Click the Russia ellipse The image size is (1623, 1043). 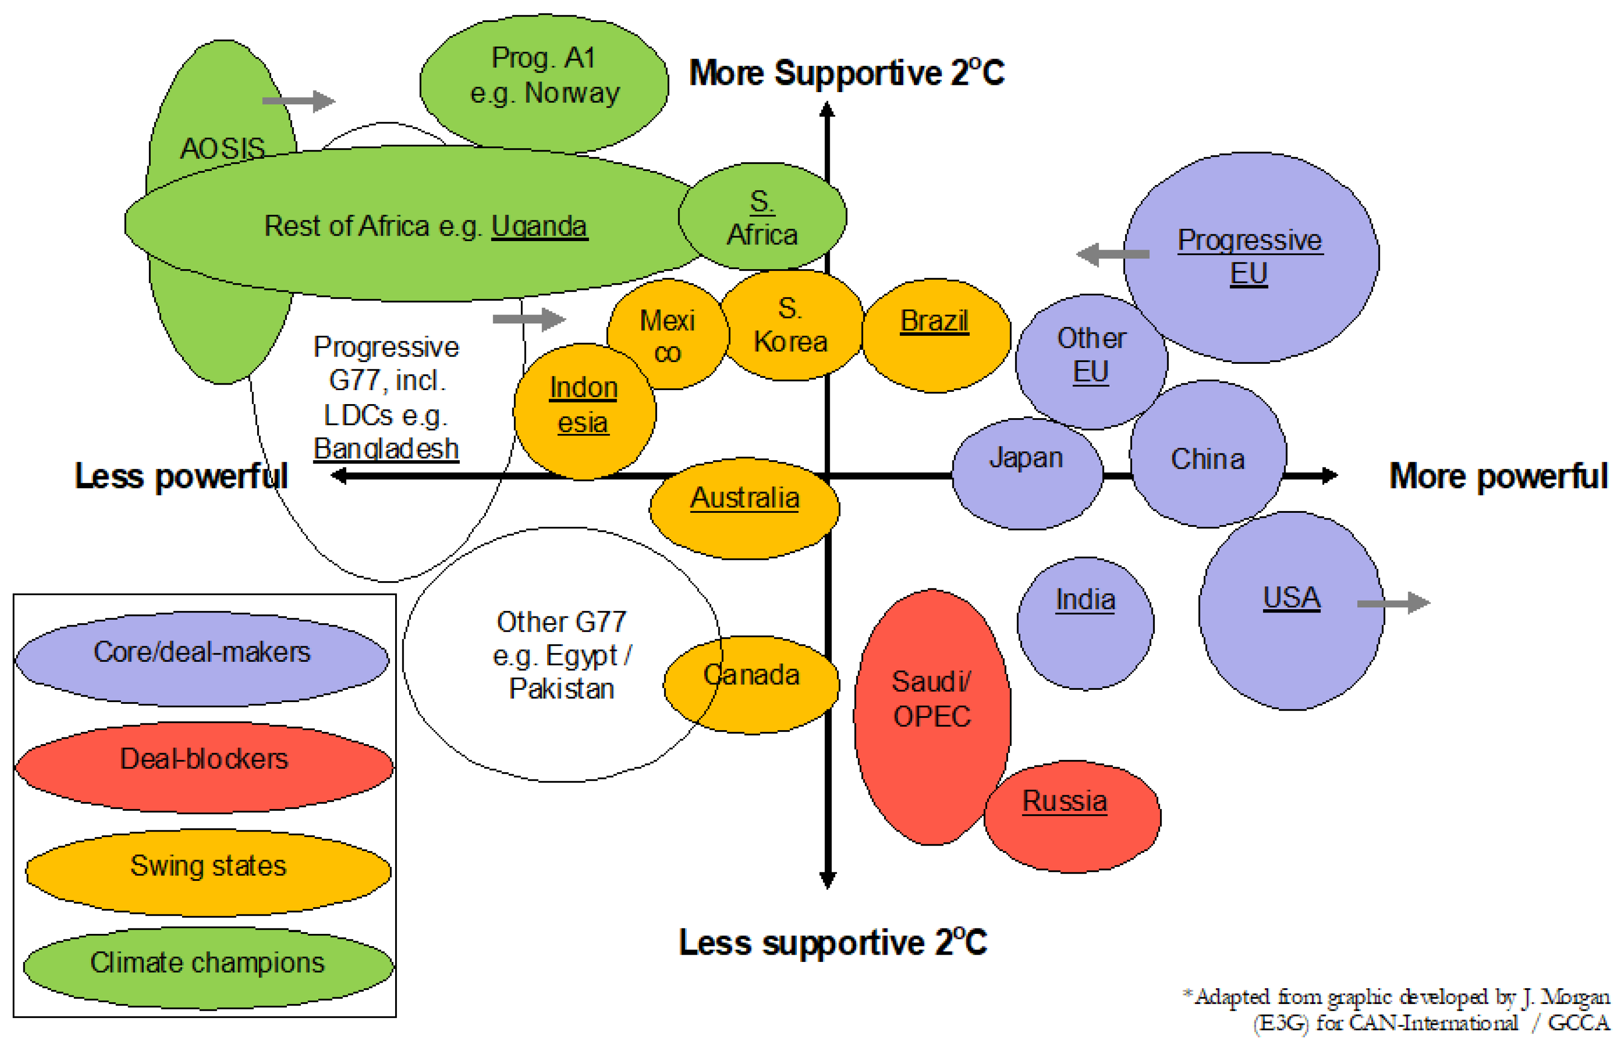coord(1072,816)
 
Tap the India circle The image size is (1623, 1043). coord(1085,623)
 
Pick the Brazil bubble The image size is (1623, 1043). coord(935,335)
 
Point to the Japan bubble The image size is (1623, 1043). coord(1027,473)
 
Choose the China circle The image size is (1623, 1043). coord(1207,454)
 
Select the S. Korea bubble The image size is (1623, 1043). coord(791,325)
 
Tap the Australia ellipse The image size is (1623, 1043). coord(744,508)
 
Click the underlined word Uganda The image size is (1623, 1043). coord(539,226)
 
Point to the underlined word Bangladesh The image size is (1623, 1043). coord(386,449)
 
